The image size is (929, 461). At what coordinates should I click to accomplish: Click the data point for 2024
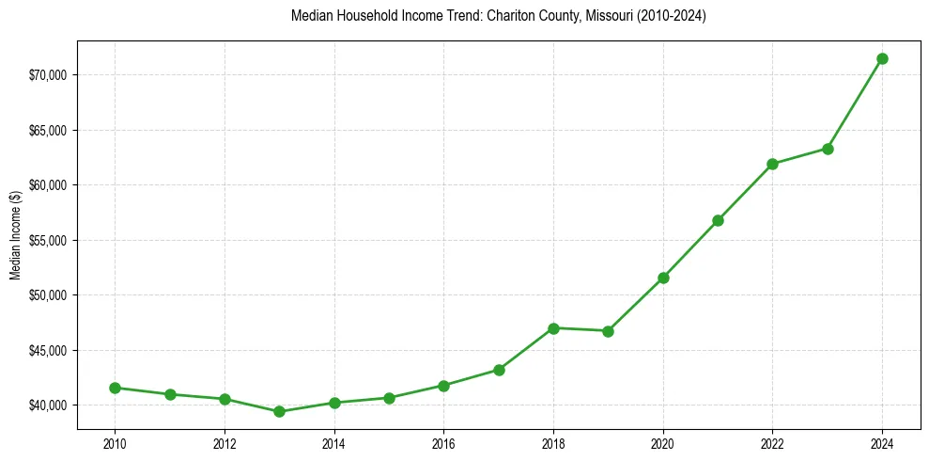[882, 58]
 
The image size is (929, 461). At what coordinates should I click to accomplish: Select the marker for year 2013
[279, 411]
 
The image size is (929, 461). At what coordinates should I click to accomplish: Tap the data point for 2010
[115, 388]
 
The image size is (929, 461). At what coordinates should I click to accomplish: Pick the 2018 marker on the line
[553, 328]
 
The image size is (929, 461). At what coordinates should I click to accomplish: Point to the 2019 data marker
[608, 331]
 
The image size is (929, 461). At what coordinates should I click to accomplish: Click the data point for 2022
[772, 164]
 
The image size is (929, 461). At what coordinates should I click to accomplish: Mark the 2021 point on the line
[718, 220]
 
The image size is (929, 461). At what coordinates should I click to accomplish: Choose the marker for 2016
[443, 386]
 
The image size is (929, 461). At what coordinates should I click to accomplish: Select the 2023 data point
[828, 149]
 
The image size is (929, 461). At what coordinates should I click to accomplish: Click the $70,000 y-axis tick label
[50, 74]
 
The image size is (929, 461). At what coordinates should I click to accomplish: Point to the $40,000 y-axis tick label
[50, 405]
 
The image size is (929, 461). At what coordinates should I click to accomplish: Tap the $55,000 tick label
[50, 240]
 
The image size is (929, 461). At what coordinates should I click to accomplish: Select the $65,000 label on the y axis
[50, 130]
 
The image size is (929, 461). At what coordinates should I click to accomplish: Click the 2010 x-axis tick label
[115, 443]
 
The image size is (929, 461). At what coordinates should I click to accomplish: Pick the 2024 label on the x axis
[882, 443]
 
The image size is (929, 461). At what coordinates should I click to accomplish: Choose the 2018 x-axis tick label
[553, 443]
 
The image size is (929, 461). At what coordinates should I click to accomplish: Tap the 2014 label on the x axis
[333, 443]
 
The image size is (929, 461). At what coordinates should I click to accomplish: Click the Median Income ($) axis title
[15, 240]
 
